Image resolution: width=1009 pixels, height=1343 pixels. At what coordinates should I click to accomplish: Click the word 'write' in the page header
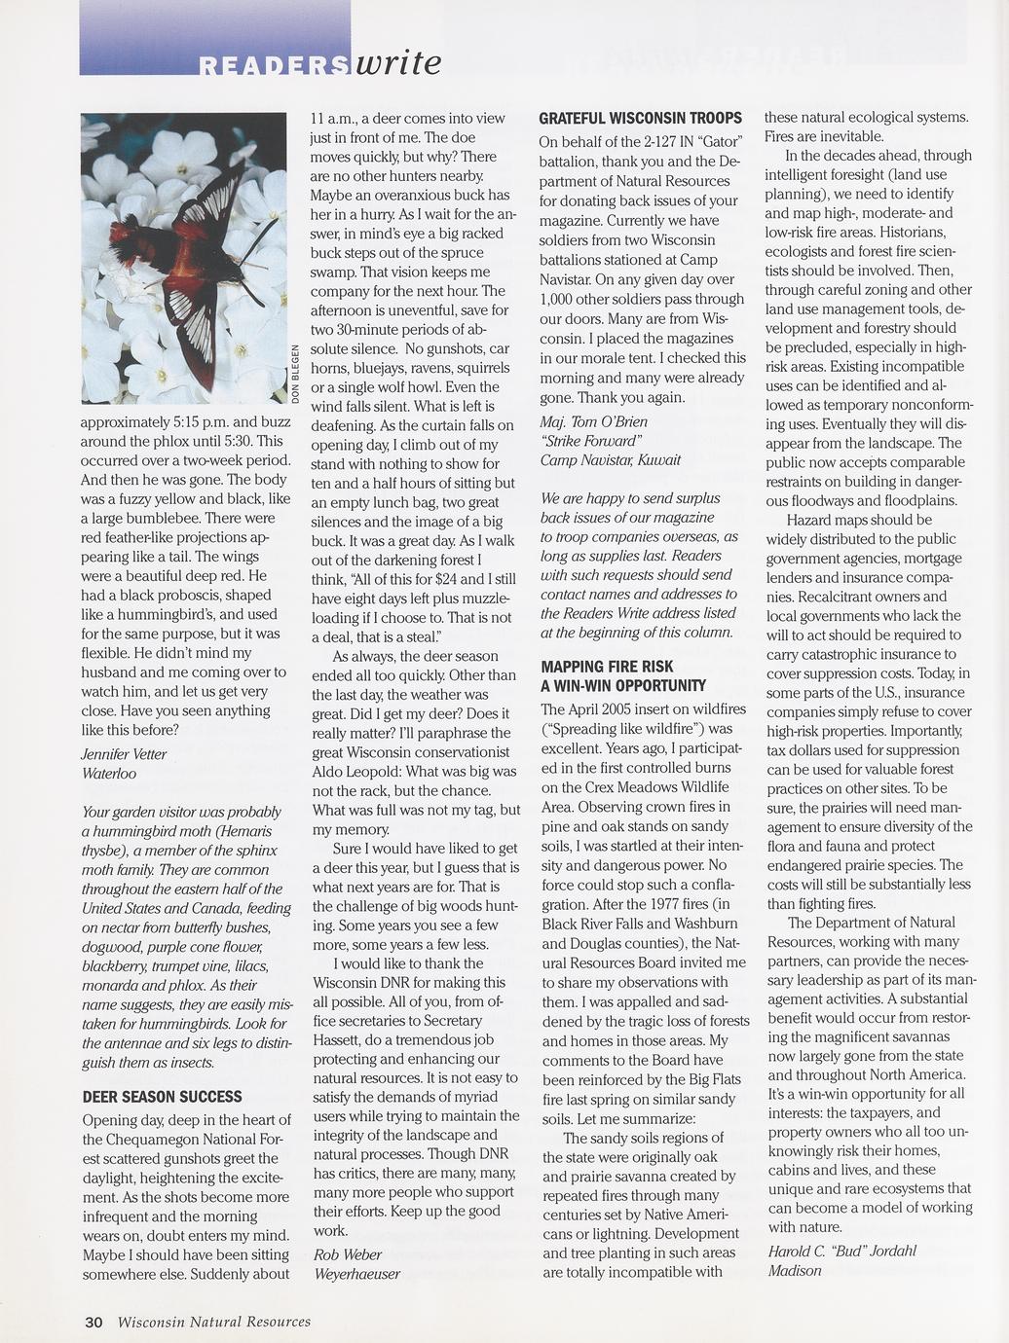pyautogui.click(x=399, y=62)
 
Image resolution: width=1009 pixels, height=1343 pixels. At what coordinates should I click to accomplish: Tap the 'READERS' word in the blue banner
pyautogui.click(x=274, y=66)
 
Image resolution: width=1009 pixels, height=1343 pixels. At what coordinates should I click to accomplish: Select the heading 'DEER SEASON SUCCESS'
pyautogui.click(x=163, y=1097)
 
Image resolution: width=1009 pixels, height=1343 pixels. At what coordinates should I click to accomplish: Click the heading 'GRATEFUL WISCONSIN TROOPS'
pyautogui.click(x=640, y=118)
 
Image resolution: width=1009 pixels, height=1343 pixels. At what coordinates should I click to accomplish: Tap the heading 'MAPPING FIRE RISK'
pyautogui.click(x=607, y=667)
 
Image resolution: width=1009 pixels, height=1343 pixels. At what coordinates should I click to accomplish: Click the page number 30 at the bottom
pyautogui.click(x=93, y=1322)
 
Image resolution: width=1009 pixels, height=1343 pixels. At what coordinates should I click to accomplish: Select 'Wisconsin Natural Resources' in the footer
pyautogui.click(x=214, y=1322)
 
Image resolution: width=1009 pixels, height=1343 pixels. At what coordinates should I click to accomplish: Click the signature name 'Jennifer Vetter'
pyautogui.click(x=125, y=754)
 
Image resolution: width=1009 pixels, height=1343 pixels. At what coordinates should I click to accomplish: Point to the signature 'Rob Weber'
pyautogui.click(x=348, y=1254)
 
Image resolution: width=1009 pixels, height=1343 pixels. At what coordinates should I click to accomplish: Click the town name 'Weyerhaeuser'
pyautogui.click(x=356, y=1274)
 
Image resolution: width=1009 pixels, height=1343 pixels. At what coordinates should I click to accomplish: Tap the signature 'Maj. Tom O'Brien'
pyautogui.click(x=593, y=421)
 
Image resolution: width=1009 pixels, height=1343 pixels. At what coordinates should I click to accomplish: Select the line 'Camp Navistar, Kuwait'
pyautogui.click(x=611, y=459)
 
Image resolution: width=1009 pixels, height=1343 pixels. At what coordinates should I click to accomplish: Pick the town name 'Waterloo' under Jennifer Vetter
pyautogui.click(x=110, y=774)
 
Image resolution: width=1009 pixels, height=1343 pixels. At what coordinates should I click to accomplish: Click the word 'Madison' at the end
pyautogui.click(x=795, y=1270)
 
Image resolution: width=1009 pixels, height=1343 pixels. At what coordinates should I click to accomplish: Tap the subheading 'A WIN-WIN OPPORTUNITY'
pyautogui.click(x=623, y=686)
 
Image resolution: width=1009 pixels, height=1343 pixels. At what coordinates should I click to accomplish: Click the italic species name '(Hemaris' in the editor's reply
pyautogui.click(x=243, y=831)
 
